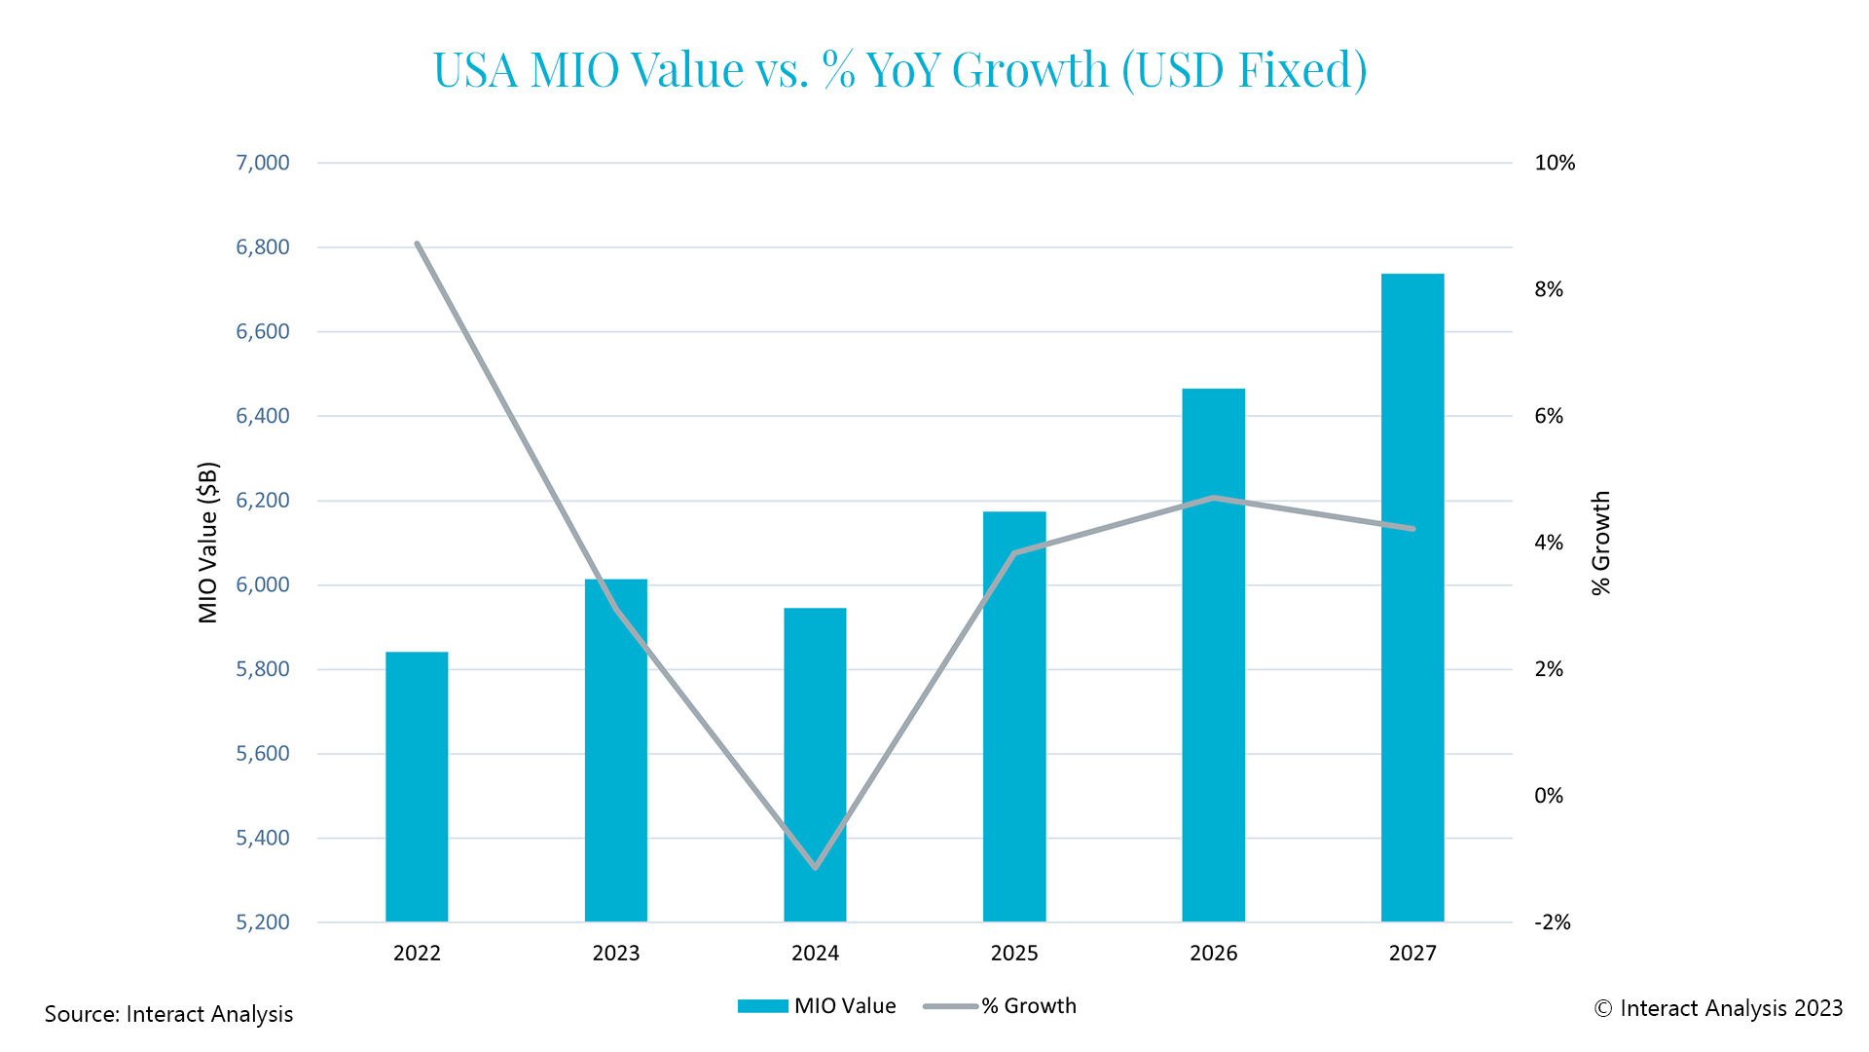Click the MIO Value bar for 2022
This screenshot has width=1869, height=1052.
pyautogui.click(x=417, y=786)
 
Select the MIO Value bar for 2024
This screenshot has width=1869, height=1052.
pyautogui.click(x=815, y=765)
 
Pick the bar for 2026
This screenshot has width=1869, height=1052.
pyautogui.click(x=1213, y=655)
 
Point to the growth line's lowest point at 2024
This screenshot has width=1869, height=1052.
pyautogui.click(x=815, y=867)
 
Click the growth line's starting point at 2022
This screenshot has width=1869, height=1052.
pyautogui.click(x=417, y=244)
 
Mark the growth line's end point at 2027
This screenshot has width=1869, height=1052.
pyautogui.click(x=1412, y=529)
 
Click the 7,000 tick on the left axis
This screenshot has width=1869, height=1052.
pyautogui.click(x=263, y=163)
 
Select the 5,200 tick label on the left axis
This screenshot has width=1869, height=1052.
pyautogui.click(x=263, y=922)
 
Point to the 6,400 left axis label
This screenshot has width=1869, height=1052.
pyautogui.click(x=263, y=416)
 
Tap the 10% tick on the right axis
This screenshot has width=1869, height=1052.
pyautogui.click(x=1555, y=163)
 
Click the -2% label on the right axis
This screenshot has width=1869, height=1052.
pyautogui.click(x=1553, y=922)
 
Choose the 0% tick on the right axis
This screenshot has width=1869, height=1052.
pyautogui.click(x=1549, y=796)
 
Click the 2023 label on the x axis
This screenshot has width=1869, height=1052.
pyautogui.click(x=616, y=953)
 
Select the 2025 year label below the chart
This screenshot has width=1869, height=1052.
pyautogui.click(x=1014, y=953)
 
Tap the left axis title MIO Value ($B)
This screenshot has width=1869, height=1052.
pyautogui.click(x=208, y=543)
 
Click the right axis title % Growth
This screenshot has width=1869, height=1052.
pyautogui.click(x=1601, y=543)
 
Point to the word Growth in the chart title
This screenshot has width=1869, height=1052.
pyautogui.click(x=1030, y=70)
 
